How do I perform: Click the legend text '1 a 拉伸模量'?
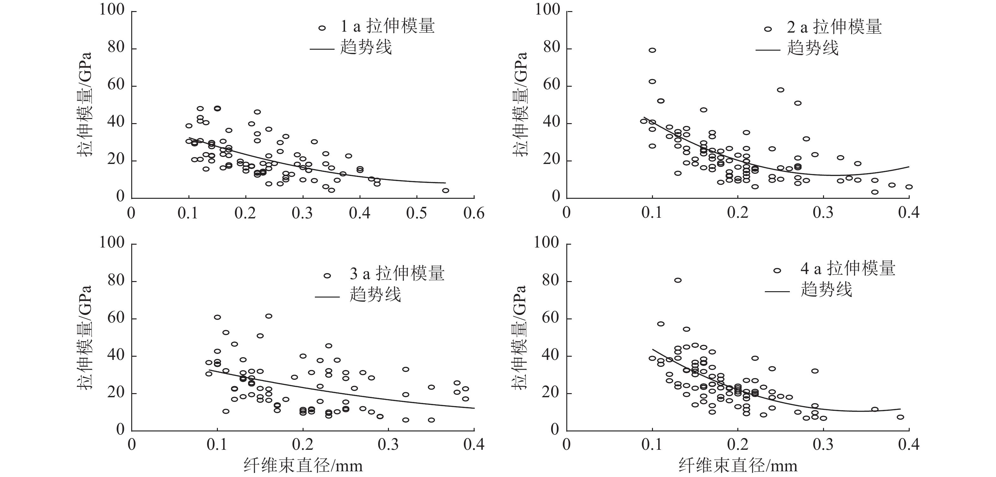point(387,26)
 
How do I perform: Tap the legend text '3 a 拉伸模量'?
point(397,274)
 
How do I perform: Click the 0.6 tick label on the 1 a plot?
point(474,213)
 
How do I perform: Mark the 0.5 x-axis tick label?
point(417,213)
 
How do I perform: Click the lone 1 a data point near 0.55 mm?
point(446,191)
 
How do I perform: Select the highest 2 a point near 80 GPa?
point(652,50)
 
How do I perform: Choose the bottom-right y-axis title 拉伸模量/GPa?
point(519,337)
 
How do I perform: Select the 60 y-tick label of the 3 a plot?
point(116,318)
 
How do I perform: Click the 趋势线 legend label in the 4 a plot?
point(826,289)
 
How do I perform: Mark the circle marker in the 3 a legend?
point(327,276)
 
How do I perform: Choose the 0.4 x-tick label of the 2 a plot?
point(909,213)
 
